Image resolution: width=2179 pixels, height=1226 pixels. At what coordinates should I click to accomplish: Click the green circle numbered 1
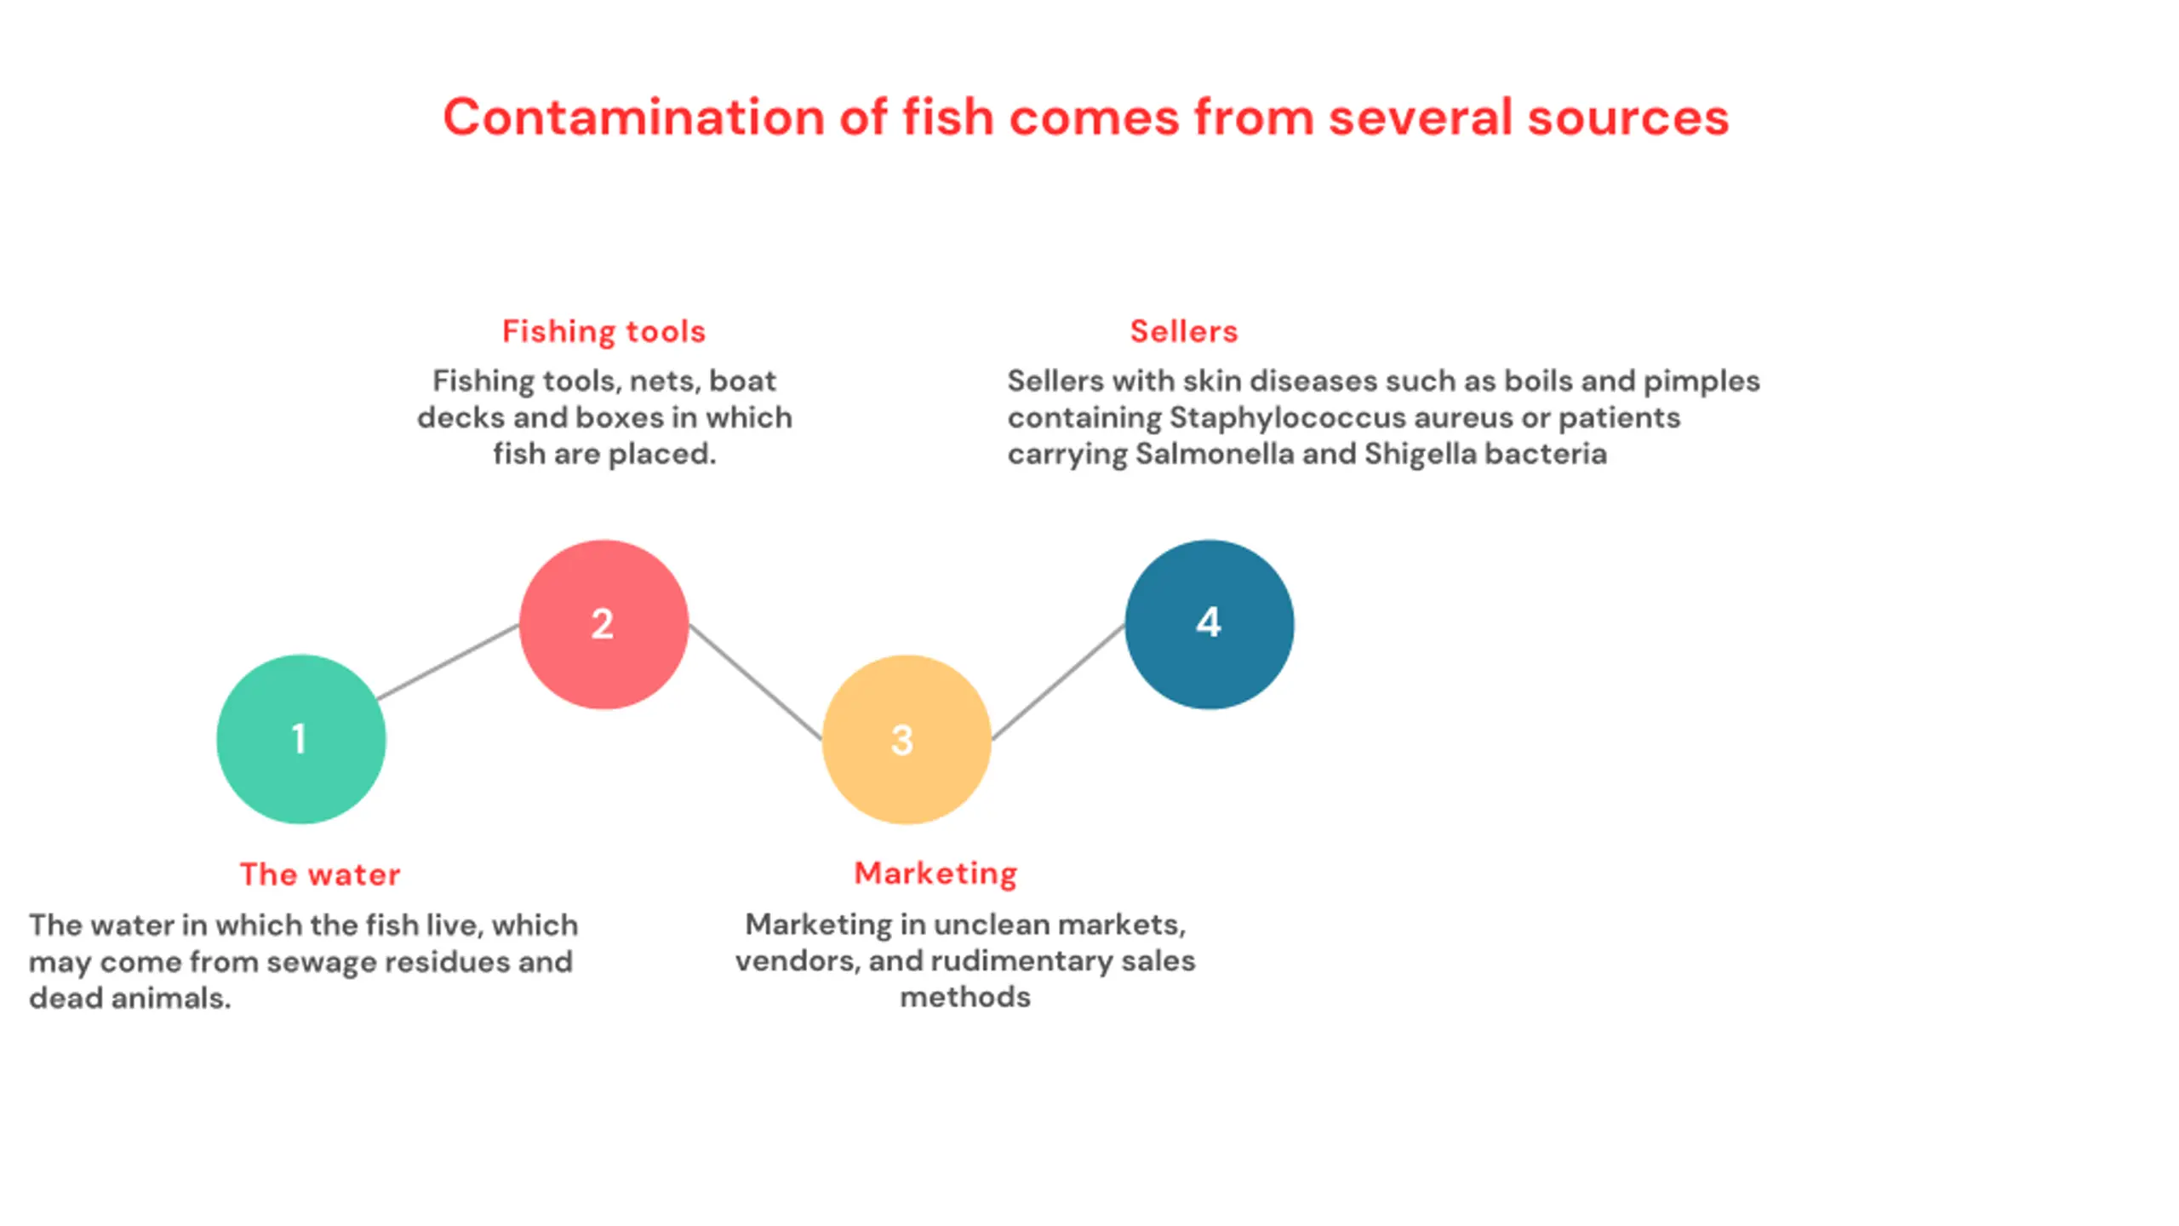click(x=300, y=739)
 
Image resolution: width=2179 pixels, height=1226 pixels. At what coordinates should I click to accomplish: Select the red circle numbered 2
click(x=603, y=624)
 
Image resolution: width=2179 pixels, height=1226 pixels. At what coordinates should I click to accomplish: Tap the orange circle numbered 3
click(x=906, y=739)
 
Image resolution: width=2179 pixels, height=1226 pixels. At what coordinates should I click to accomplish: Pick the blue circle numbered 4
click(x=1209, y=624)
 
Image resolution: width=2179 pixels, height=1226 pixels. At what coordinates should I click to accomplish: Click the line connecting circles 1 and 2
click(x=449, y=662)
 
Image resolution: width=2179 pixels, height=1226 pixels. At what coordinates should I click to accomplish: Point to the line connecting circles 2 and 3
click(x=755, y=681)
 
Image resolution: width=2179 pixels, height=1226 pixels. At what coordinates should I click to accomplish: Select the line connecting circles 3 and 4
click(x=1058, y=681)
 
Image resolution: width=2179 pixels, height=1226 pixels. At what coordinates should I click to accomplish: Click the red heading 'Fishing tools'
click(x=603, y=331)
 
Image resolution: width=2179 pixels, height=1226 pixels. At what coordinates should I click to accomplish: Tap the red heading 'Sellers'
click(x=1183, y=331)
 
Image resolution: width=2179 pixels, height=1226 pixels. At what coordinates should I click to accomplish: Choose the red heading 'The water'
click(x=319, y=874)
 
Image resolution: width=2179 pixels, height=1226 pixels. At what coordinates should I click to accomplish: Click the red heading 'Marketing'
click(x=935, y=874)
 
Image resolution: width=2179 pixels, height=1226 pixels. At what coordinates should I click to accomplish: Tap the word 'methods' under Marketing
click(x=965, y=997)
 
